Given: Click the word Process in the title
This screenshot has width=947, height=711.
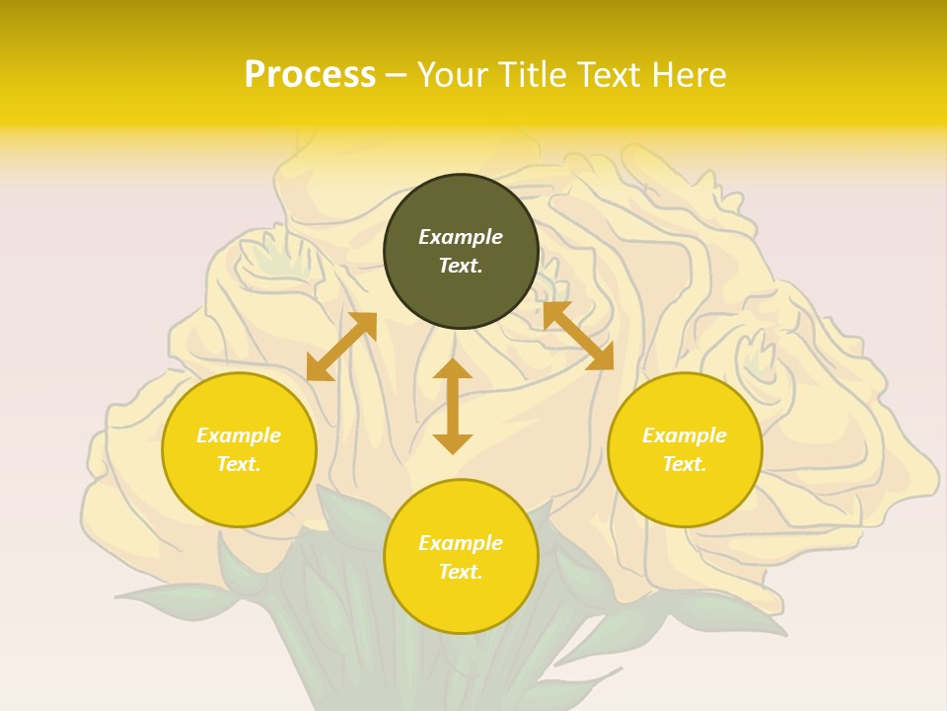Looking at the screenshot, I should tap(310, 75).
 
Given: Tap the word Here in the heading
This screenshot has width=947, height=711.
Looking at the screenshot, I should tap(688, 75).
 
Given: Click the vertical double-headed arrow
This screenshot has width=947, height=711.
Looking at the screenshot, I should tap(453, 406).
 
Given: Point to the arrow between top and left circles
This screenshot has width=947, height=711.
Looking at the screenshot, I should tap(341, 347).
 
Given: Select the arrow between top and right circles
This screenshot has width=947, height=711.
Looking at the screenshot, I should tap(578, 336).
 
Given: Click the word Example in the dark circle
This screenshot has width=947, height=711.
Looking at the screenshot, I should tap(461, 237).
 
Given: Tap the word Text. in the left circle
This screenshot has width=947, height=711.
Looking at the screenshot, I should tap(239, 464).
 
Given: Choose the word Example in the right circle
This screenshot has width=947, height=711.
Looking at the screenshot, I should tap(685, 435).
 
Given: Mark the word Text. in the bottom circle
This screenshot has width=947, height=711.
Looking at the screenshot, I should tap(461, 572).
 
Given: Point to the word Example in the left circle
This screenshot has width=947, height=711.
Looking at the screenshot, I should tap(239, 435).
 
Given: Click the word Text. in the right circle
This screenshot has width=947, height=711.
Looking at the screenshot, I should tap(685, 464).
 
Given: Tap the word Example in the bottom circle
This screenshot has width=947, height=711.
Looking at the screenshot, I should tap(461, 543).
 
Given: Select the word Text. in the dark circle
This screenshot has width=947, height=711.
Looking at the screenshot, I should tap(461, 266).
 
